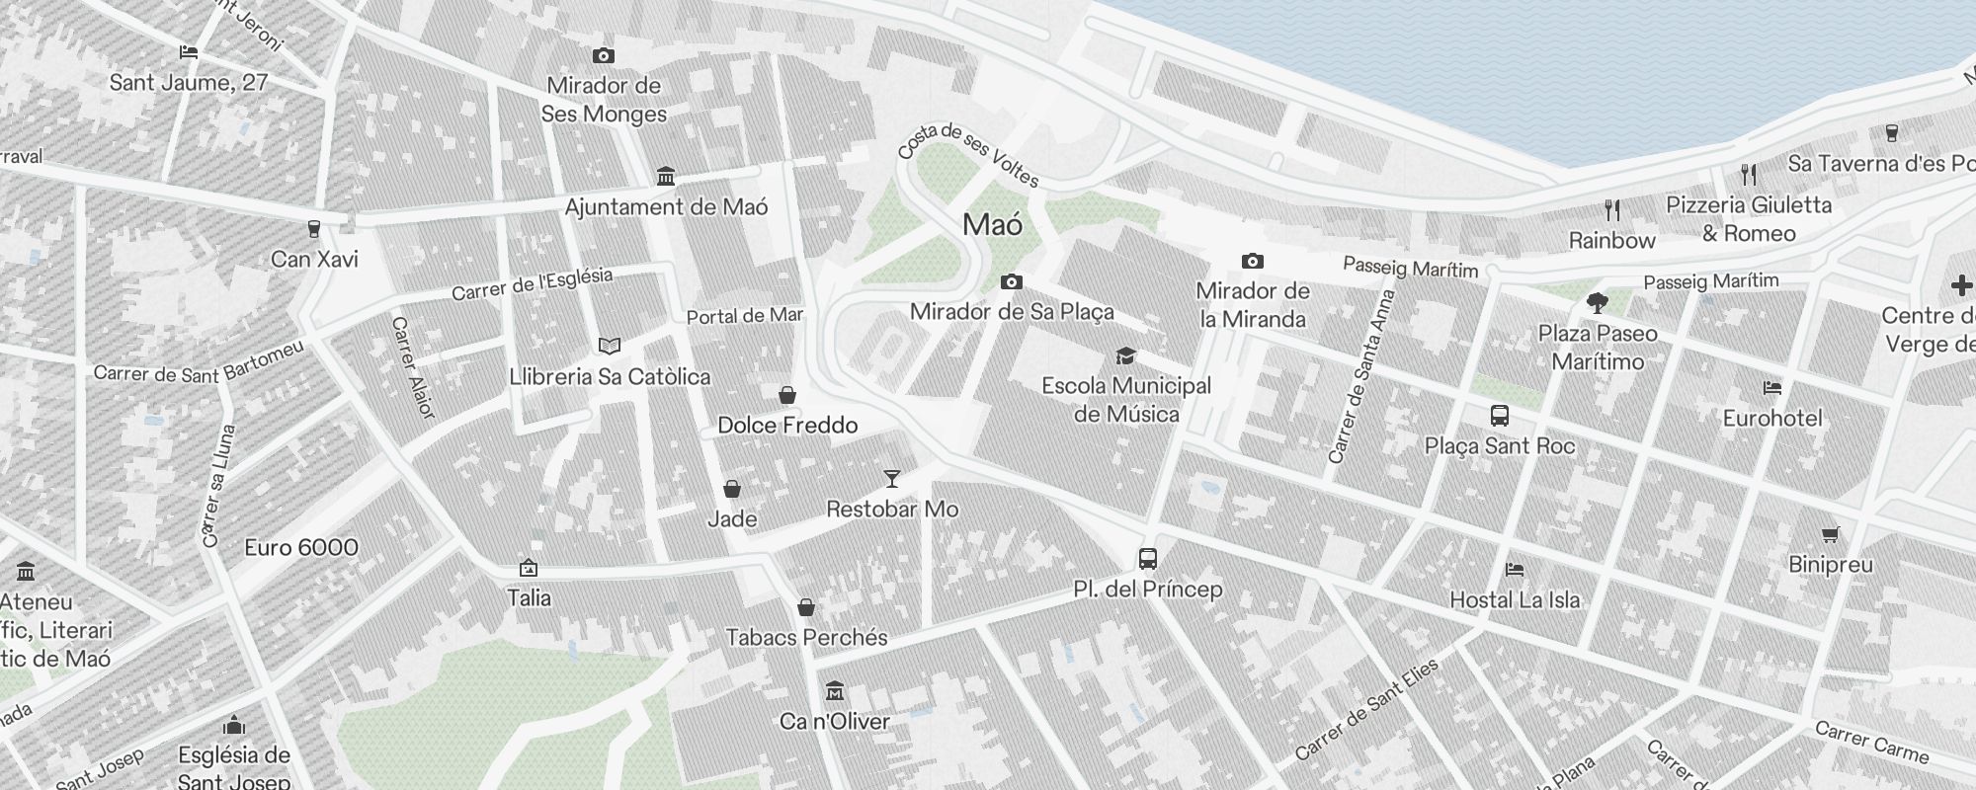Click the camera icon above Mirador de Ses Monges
click(x=603, y=56)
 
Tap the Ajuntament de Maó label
click(x=666, y=207)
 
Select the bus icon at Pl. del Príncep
click(x=1147, y=559)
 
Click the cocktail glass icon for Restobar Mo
click(x=892, y=479)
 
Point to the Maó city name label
click(x=992, y=225)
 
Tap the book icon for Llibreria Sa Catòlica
click(x=610, y=347)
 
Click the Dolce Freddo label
click(x=787, y=426)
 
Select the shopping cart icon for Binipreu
click(x=1830, y=535)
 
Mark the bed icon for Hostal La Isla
click(x=1514, y=570)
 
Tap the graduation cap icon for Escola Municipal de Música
click(x=1124, y=355)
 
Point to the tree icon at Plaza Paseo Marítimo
click(x=1597, y=302)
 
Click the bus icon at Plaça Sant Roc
click(x=1499, y=416)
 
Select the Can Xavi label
click(x=314, y=260)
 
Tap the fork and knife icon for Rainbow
click(x=1612, y=210)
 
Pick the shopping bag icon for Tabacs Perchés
click(x=806, y=607)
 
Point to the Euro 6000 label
click(x=300, y=548)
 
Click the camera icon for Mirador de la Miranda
click(x=1252, y=262)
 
